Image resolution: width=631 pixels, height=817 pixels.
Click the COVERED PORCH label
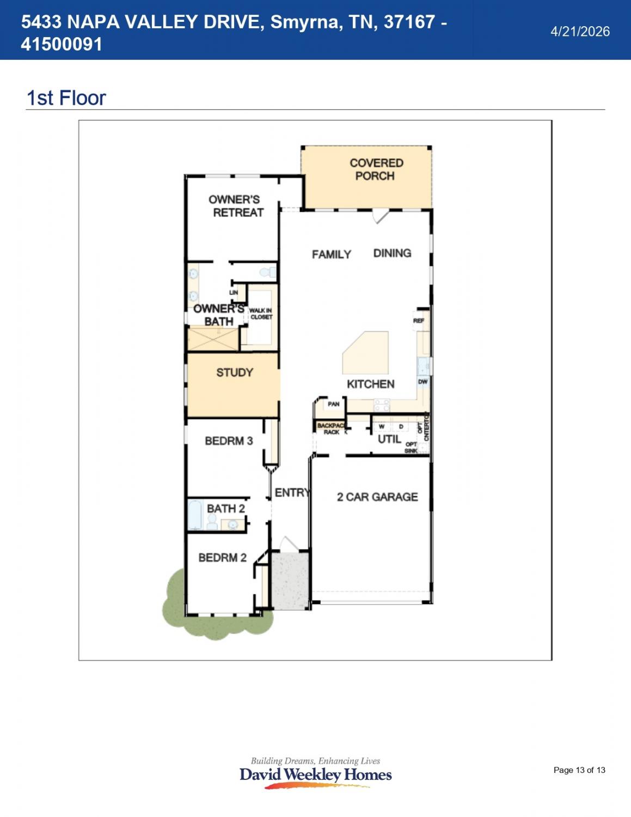[376, 169]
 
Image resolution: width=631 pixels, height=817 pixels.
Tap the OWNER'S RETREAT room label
[235, 206]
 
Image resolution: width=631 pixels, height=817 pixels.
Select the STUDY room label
[235, 373]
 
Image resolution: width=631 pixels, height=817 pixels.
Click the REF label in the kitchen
[419, 321]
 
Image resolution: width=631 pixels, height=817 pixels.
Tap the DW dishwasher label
[422, 382]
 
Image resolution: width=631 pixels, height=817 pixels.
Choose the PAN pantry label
[333, 404]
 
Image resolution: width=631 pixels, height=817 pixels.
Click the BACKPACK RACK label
[331, 429]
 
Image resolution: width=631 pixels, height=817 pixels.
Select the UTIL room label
[389, 439]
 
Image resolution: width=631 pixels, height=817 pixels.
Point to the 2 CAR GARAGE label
[377, 497]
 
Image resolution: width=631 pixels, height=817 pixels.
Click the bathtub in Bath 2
[195, 515]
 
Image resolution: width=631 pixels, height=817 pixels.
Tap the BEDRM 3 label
[229, 441]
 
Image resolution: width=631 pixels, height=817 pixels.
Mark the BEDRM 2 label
[222, 558]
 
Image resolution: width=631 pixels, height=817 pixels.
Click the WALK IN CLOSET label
[261, 314]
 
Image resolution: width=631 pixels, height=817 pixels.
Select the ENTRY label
[292, 492]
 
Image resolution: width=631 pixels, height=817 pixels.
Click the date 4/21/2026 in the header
[580, 32]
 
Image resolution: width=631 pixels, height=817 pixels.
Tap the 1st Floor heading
[66, 98]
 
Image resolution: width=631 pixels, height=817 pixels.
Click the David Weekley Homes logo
[315, 774]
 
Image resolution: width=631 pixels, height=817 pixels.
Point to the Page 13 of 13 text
[579, 770]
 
